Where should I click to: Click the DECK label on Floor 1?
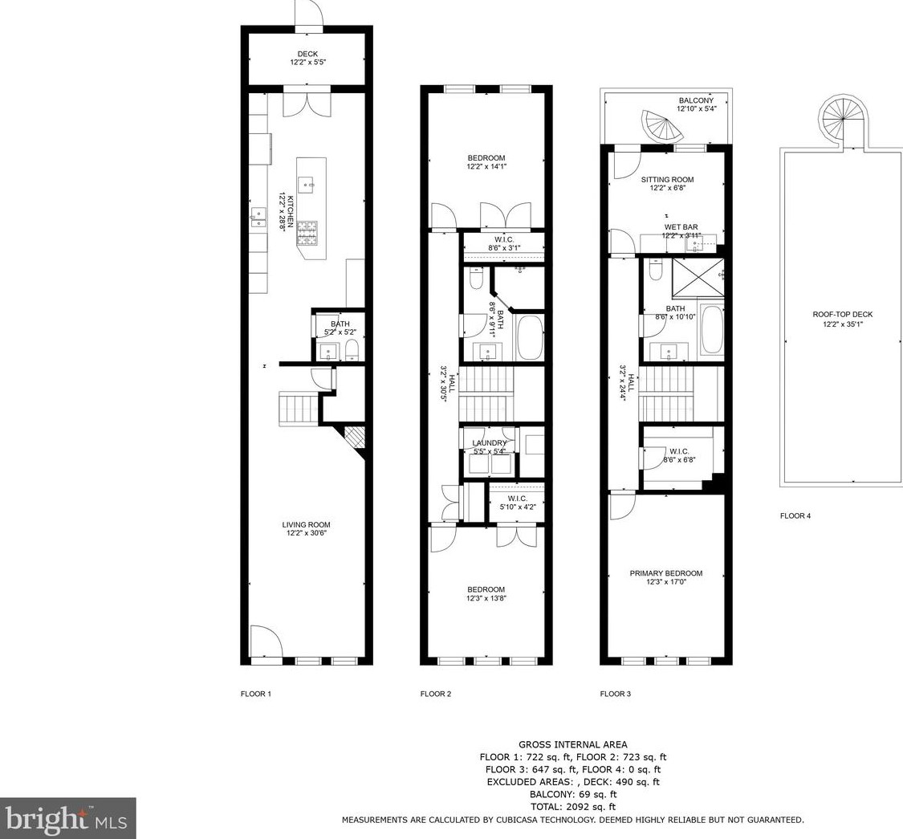tap(307, 54)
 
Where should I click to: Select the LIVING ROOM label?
tap(306, 525)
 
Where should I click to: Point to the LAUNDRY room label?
tap(489, 443)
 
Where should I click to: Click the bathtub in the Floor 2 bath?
tap(531, 337)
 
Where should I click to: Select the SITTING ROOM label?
tap(668, 180)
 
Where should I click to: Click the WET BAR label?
tap(681, 227)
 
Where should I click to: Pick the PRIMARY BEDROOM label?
tap(665, 573)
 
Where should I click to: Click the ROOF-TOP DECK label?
tap(843, 315)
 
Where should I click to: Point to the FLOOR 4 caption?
tap(795, 516)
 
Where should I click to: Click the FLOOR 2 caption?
tap(436, 694)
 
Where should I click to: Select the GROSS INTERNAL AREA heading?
tap(573, 744)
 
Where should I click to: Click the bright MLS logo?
tap(68, 818)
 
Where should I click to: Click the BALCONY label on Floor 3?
tap(696, 101)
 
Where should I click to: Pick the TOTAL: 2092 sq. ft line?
tap(573, 807)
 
